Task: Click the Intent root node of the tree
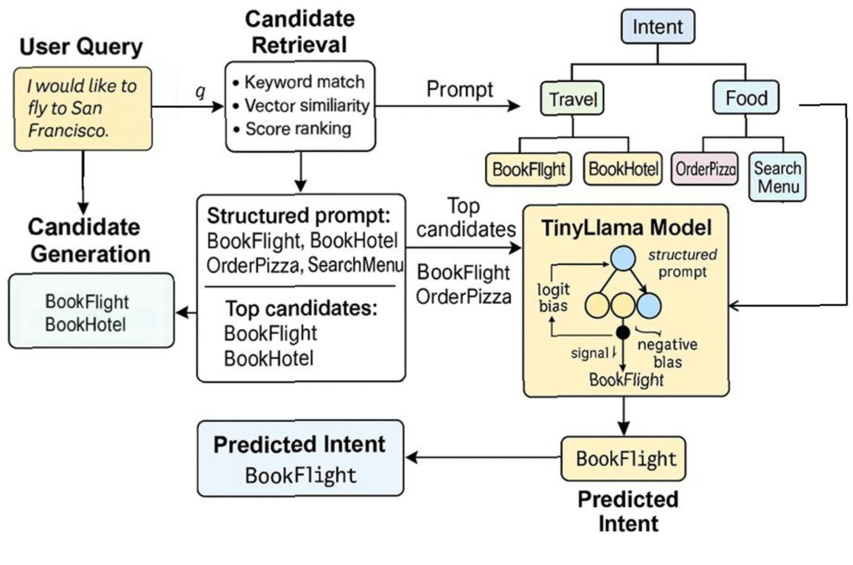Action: point(658,29)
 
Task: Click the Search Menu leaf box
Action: point(778,177)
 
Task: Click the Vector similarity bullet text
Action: point(307,105)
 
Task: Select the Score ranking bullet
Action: point(298,129)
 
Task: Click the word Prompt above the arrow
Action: point(460,90)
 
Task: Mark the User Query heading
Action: point(81,48)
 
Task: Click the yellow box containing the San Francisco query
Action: point(82,108)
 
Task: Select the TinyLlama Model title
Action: point(626,227)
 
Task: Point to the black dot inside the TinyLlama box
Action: point(623,333)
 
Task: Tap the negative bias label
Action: point(666,353)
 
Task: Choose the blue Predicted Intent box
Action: point(300,458)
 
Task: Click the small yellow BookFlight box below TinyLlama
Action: point(625,459)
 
